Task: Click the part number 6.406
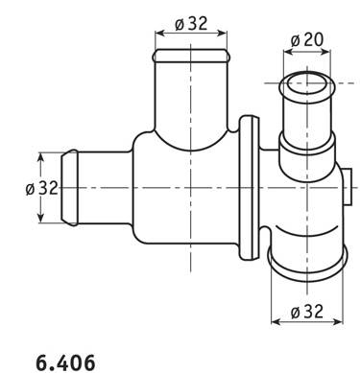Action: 65,362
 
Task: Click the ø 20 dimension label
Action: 307,39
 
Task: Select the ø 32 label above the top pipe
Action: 191,23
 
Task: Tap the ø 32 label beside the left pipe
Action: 42,188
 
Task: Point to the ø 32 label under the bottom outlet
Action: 307,312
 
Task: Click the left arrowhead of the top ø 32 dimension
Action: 158,33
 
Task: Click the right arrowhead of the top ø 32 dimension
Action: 223,33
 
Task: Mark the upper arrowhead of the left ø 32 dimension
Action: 40,157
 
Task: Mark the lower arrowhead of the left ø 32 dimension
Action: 40,218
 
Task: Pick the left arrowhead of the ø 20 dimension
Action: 288,52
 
